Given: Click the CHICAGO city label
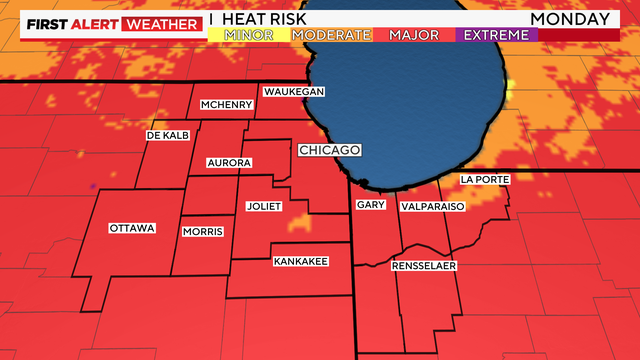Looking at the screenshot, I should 329,150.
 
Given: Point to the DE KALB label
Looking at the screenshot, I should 167,135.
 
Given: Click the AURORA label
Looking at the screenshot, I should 228,162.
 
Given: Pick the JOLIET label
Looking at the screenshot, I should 264,207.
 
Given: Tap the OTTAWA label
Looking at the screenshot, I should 132,228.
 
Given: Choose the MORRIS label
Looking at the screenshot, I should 203,232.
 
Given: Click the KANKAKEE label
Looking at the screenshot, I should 300,262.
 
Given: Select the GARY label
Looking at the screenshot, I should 370,205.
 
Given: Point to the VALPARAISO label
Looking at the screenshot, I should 432,205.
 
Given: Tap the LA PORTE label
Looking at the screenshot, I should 485,179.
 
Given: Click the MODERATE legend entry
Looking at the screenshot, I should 331,35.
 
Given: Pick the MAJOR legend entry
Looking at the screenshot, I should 414,35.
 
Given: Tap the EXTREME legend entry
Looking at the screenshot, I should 496,35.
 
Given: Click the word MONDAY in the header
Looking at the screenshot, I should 570,18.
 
